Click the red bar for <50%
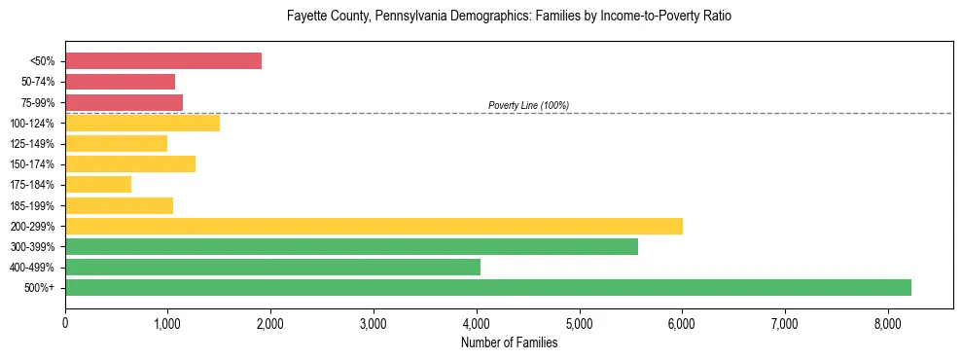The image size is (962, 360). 162,60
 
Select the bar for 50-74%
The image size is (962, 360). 120,82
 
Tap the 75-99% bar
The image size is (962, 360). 124,102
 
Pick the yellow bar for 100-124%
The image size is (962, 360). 142,123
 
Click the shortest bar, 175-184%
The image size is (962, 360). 98,184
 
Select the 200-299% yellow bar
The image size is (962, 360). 374,226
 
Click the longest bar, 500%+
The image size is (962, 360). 487,287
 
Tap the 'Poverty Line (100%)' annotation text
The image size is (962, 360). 528,105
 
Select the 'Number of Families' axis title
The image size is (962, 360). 509,342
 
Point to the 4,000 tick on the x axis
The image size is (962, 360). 477,323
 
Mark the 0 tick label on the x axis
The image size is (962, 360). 65,323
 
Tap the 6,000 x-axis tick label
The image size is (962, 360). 682,323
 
